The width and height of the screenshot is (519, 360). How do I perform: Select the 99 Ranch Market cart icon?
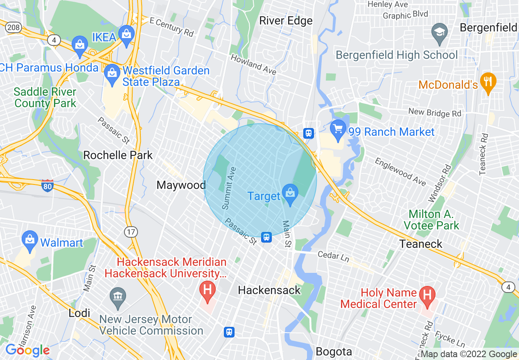pos(338,130)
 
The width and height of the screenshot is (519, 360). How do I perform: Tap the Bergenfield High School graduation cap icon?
pos(440,33)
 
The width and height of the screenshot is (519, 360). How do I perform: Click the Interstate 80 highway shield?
pos(47,186)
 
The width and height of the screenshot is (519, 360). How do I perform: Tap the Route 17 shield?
pos(131,232)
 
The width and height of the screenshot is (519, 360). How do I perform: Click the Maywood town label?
pos(181,185)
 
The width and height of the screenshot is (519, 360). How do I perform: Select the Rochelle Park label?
pos(118,155)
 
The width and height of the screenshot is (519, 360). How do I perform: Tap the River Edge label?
pos(286,21)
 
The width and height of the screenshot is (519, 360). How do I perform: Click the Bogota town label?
pos(334,352)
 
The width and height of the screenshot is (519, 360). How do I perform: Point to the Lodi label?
pos(79,313)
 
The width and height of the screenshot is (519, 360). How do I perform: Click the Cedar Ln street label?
pos(334,256)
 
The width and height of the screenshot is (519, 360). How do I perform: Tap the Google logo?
pos(27,351)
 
